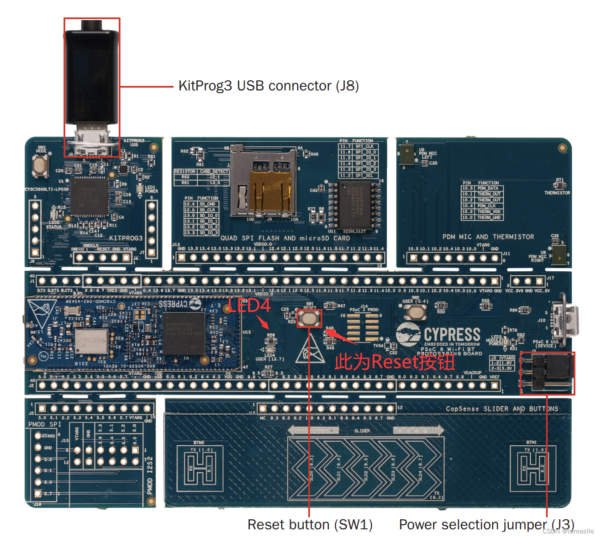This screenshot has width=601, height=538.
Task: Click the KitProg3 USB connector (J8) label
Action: coord(269,86)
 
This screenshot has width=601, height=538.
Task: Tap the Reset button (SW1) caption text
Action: coord(310,525)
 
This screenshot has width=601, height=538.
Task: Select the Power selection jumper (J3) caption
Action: coord(486,525)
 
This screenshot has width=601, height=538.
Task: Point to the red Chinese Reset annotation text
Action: coord(395,362)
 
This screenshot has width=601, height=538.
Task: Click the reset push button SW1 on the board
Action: coord(310,318)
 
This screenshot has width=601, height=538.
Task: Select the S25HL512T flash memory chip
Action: coord(354,205)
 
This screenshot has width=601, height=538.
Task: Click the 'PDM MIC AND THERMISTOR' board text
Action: coord(488,237)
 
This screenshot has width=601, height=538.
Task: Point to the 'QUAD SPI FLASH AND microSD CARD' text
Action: coord(285,238)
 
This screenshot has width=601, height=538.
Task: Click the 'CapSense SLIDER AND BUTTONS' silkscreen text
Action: coord(502,409)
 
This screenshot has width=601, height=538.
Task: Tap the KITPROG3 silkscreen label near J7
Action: coord(126,238)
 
